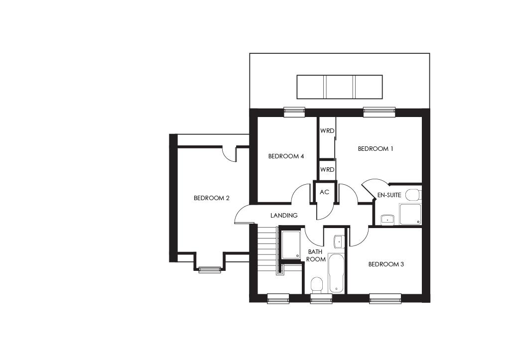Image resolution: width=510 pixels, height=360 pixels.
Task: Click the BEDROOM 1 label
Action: click(376, 148)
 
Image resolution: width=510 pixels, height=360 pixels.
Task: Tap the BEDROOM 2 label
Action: click(211, 198)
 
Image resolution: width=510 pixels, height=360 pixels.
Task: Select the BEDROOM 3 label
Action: click(386, 264)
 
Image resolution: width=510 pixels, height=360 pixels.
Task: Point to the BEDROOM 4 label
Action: click(286, 156)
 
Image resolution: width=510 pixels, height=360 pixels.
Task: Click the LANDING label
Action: click(284, 216)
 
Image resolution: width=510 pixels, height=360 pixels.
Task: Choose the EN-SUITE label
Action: click(389, 195)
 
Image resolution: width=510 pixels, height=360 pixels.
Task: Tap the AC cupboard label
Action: click(324, 192)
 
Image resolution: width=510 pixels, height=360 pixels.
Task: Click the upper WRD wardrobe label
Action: click(327, 131)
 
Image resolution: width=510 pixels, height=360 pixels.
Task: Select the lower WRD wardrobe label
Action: click(327, 170)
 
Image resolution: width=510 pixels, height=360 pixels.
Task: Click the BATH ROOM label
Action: click(316, 255)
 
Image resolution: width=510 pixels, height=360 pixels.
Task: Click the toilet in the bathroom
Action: click(316, 285)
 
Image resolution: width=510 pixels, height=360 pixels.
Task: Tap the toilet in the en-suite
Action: click(413, 194)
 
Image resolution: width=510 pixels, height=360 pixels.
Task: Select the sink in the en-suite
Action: click(387, 219)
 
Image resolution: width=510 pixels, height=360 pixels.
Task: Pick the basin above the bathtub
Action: click(339, 241)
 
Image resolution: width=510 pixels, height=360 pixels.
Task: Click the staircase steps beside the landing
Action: click(267, 249)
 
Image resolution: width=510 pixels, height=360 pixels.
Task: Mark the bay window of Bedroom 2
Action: click(210, 269)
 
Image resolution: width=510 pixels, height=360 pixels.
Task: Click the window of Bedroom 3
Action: click(385, 298)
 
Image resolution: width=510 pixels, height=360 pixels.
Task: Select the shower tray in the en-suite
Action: click(410, 214)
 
